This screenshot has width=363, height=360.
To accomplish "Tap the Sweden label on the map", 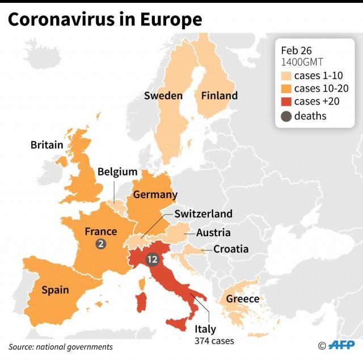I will click(163, 95).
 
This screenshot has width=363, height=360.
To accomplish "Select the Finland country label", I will click(220, 95).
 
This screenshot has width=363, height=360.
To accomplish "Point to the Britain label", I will click(47, 145).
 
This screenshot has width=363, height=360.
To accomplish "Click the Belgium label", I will click(117, 171).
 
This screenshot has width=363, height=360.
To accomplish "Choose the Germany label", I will click(155, 195).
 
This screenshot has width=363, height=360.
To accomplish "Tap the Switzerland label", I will click(203, 214).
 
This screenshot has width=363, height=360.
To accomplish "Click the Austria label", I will click(213, 233).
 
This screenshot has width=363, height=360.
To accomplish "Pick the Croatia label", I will click(231, 249).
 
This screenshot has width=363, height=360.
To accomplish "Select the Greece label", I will click(243, 299).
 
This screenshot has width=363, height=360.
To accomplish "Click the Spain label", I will click(55, 290).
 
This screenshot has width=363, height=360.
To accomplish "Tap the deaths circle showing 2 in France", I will click(101, 244).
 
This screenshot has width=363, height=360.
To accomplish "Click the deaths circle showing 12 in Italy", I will click(151, 259).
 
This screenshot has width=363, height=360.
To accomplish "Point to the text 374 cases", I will click(214, 341).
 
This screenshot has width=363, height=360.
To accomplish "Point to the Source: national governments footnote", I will click(61, 346).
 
